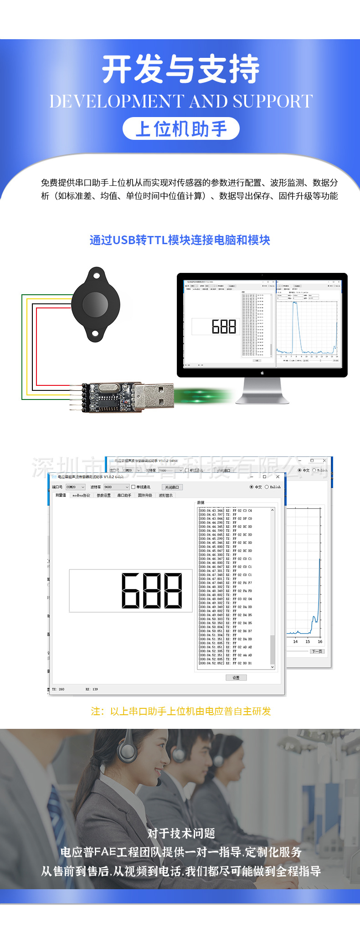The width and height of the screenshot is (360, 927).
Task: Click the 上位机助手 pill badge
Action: (181, 129)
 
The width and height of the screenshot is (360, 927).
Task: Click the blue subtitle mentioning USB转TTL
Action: (180, 240)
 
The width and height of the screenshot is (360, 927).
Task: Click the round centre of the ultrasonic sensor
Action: (96, 304)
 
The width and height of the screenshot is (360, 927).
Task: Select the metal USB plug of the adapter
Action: (154, 395)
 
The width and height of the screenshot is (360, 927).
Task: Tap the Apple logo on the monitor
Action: (262, 373)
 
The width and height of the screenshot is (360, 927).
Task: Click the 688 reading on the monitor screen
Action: (224, 327)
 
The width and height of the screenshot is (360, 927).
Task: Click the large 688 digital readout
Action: (152, 590)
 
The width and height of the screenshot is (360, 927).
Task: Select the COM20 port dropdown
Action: (75, 487)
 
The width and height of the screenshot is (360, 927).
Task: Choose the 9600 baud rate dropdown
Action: (116, 487)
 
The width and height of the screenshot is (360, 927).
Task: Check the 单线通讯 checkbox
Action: (134, 487)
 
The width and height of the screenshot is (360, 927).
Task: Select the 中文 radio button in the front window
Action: (252, 487)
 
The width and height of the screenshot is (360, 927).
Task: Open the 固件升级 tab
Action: (145, 495)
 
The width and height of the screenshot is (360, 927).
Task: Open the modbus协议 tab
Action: (81, 495)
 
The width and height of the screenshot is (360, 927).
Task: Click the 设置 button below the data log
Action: (236, 677)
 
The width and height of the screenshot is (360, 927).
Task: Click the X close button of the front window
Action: (278, 476)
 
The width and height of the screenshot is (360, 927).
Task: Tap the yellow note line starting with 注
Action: (181, 711)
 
